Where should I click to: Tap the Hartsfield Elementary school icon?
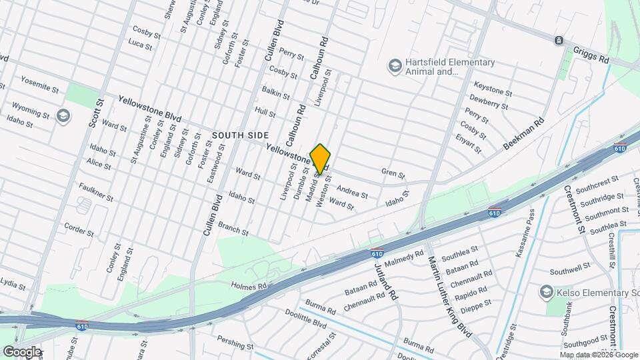[395, 65]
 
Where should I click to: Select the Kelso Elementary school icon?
[546, 293]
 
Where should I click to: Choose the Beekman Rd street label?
[524, 134]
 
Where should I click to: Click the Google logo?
[21, 351]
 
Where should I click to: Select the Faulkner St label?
[96, 193]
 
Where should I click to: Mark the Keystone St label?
[493, 89]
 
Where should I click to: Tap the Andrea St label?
[352, 191]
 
